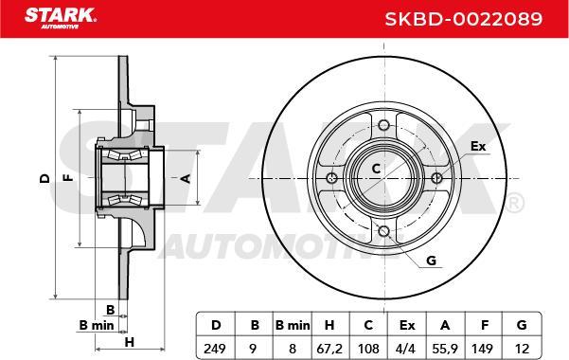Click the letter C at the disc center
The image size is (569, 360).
pos(375,169)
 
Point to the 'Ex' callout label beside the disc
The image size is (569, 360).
pos(478,146)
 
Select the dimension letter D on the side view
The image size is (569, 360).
pos(44,178)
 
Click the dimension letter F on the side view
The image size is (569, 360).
pos(67,178)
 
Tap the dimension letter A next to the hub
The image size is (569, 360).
pos(186,178)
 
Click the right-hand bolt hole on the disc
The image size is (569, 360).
pos(436,179)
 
